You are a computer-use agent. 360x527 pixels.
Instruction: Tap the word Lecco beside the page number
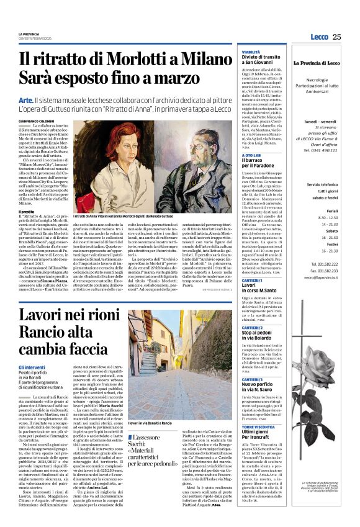pyautogui.click(x=321, y=37)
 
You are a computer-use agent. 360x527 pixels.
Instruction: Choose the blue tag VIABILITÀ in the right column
pyautogui.click(x=251, y=53)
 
